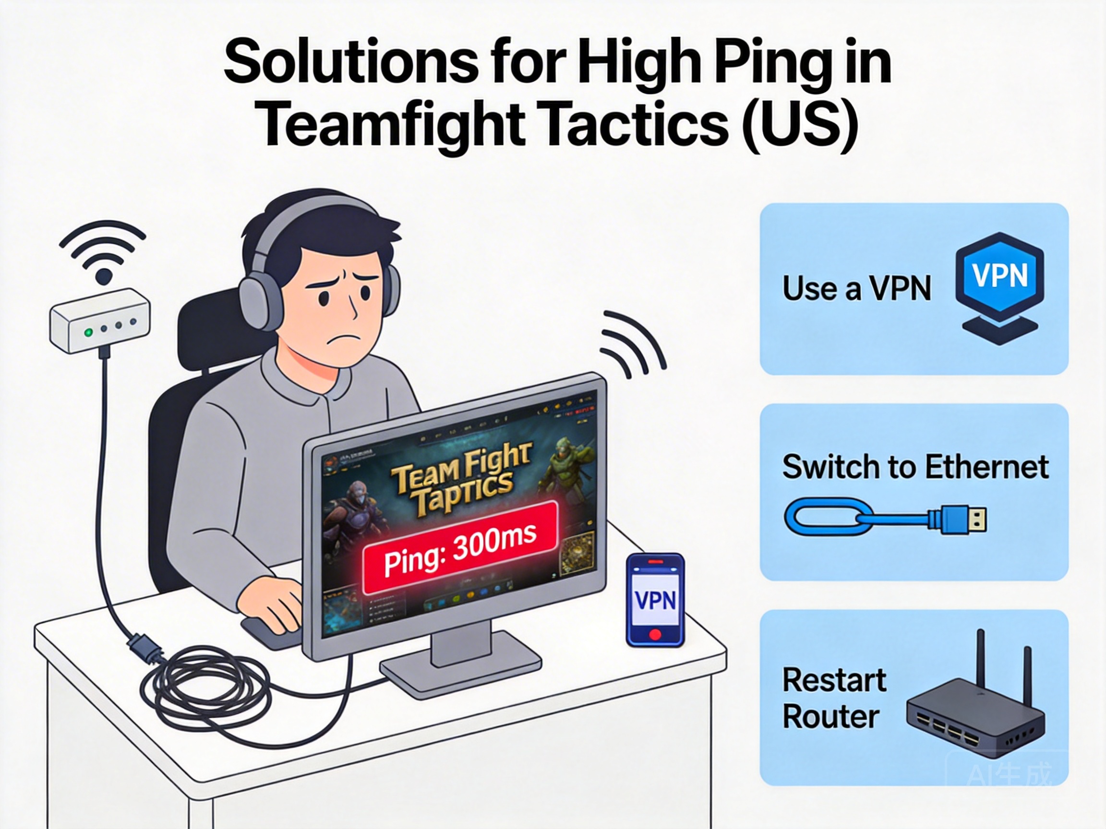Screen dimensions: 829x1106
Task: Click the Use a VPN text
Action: point(856,288)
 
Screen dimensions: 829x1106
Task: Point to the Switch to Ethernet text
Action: point(915,467)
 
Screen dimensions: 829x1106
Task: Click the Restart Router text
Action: point(833,698)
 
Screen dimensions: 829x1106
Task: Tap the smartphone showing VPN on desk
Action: point(655,600)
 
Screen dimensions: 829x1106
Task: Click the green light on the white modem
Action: point(88,332)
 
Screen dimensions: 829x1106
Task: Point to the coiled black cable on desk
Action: point(210,685)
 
